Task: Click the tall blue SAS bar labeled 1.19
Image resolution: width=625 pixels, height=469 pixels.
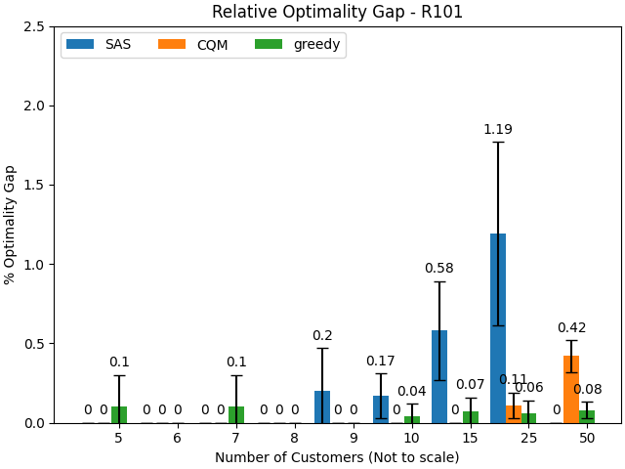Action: pos(498,328)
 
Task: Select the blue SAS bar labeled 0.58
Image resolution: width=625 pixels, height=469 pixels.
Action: pos(439,377)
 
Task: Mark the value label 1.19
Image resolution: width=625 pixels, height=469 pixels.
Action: pos(498,130)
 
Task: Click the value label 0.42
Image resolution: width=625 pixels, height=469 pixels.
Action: pos(571,328)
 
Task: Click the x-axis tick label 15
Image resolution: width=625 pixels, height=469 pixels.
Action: pos(470,439)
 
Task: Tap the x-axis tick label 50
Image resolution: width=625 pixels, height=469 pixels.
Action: pos(587,439)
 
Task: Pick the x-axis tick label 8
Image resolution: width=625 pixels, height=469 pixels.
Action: pos(294,439)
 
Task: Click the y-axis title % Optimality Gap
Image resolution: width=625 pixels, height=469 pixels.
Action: pos(11,225)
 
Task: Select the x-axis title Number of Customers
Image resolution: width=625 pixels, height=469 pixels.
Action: pos(337,457)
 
